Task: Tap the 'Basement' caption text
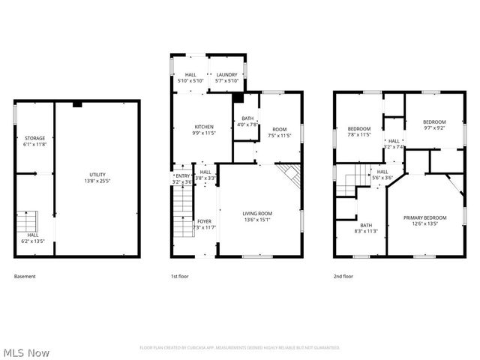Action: tap(25, 277)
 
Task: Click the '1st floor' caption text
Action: tap(179, 277)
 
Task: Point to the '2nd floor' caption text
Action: tap(343, 277)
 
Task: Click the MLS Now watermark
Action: tap(26, 352)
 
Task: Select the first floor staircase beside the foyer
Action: tap(181, 214)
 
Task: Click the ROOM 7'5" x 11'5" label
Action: tap(279, 133)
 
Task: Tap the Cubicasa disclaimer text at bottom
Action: tap(240, 348)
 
